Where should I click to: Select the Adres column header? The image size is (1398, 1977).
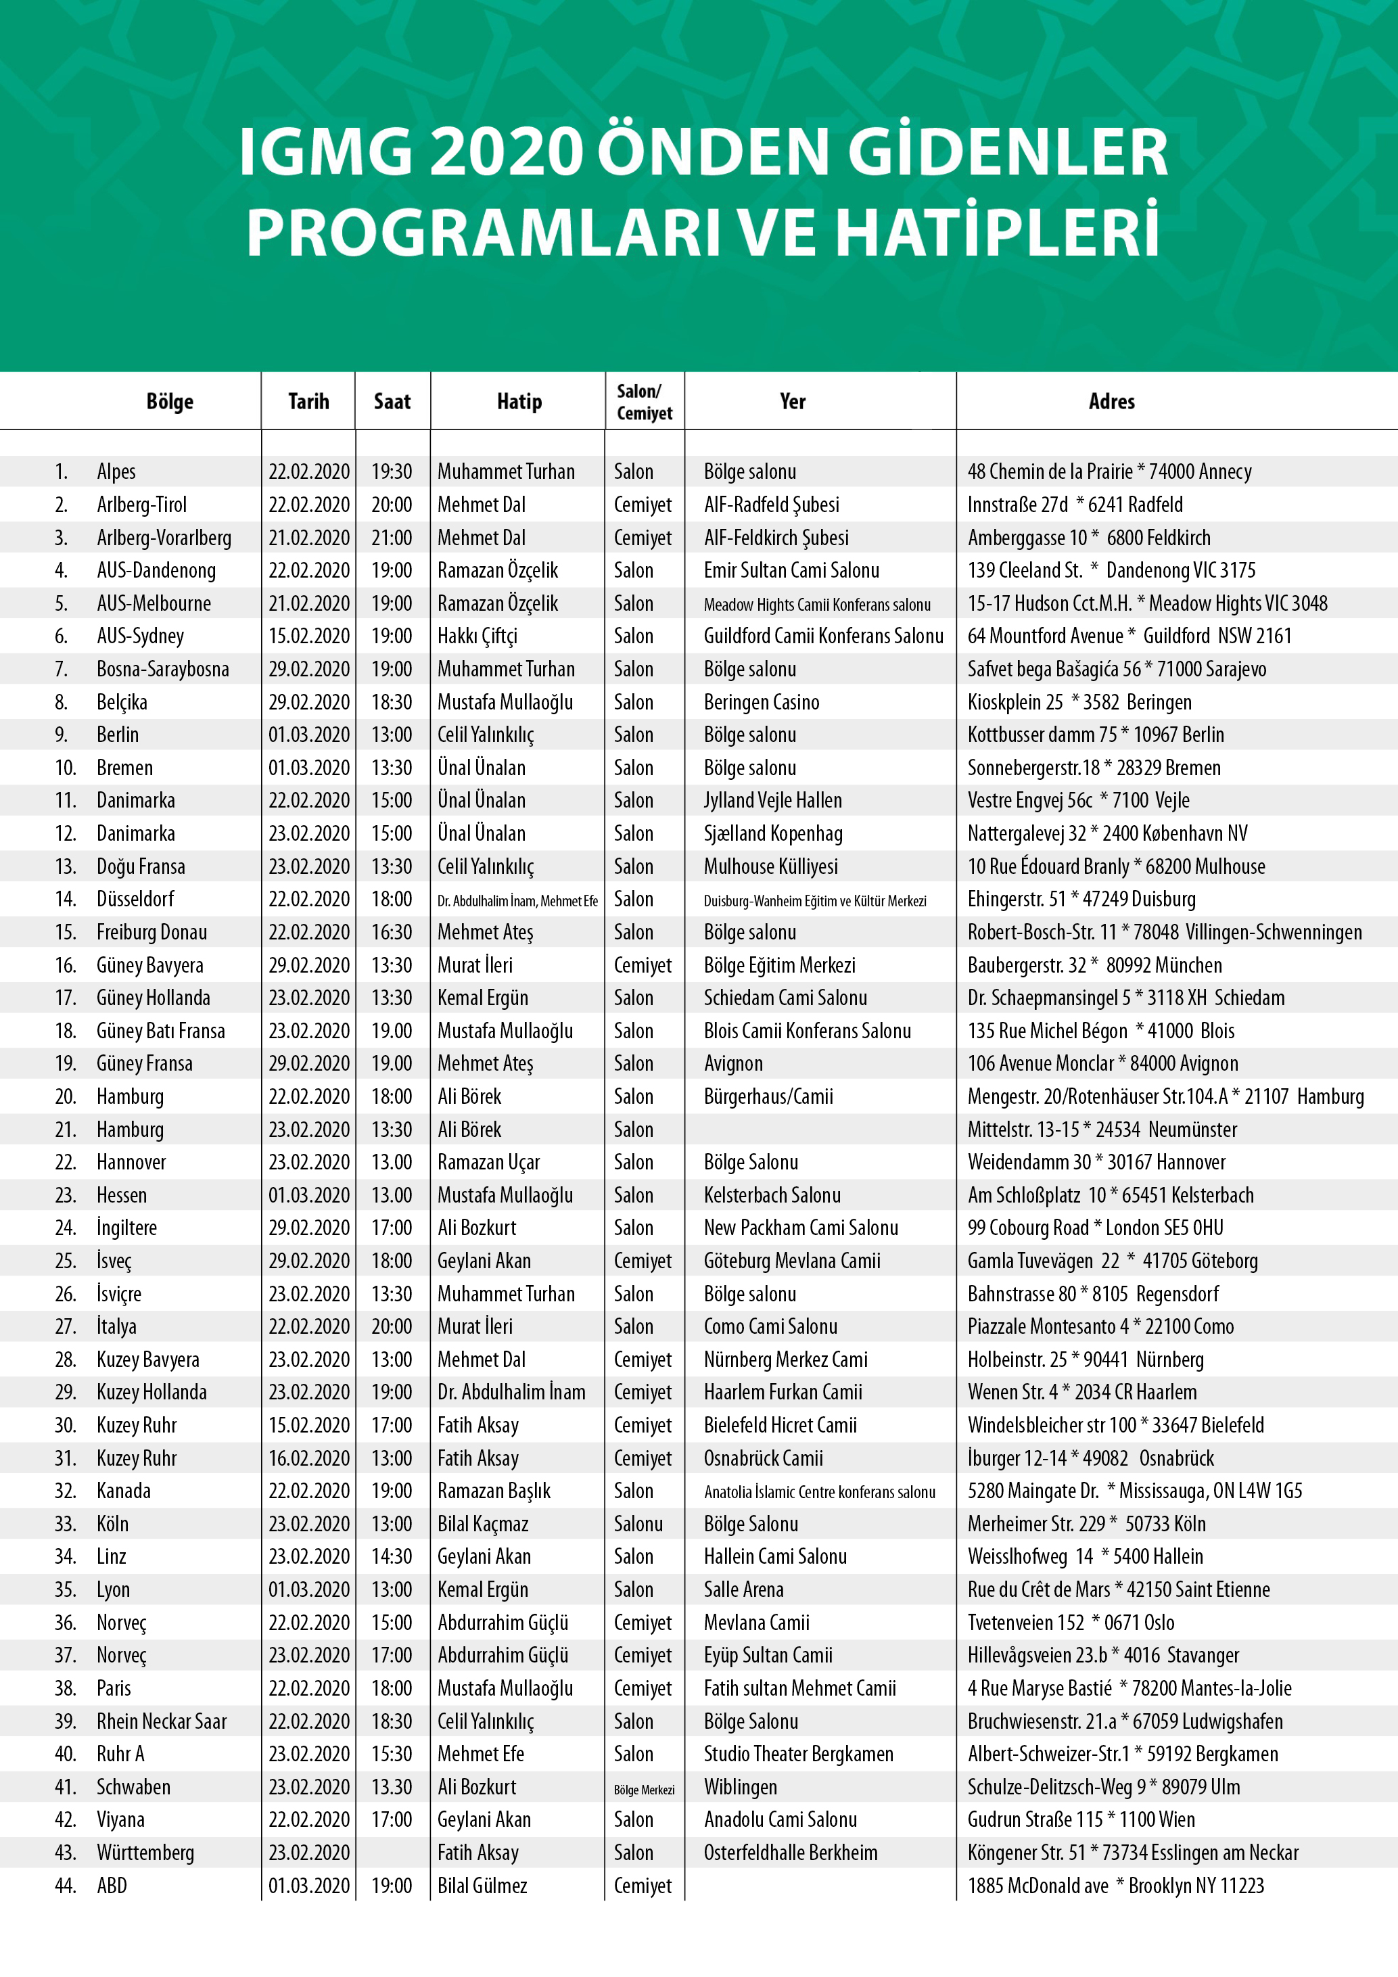1111,401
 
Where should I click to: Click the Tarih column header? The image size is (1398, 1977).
308,401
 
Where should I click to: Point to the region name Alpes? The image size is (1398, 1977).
116,472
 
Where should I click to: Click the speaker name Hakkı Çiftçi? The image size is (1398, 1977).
477,636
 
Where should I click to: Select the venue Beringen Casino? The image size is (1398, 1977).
761,703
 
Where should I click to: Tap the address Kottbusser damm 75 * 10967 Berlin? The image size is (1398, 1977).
1095,735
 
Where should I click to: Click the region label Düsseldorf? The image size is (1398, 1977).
135,900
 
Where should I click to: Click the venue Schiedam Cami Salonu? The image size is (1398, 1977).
785,998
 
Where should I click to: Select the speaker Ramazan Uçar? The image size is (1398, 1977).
488,1163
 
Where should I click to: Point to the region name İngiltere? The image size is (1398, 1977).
126,1228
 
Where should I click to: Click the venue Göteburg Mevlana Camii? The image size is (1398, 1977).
792,1261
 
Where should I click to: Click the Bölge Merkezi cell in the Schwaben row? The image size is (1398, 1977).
644,1790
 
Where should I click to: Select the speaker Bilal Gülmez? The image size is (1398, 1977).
482,1886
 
